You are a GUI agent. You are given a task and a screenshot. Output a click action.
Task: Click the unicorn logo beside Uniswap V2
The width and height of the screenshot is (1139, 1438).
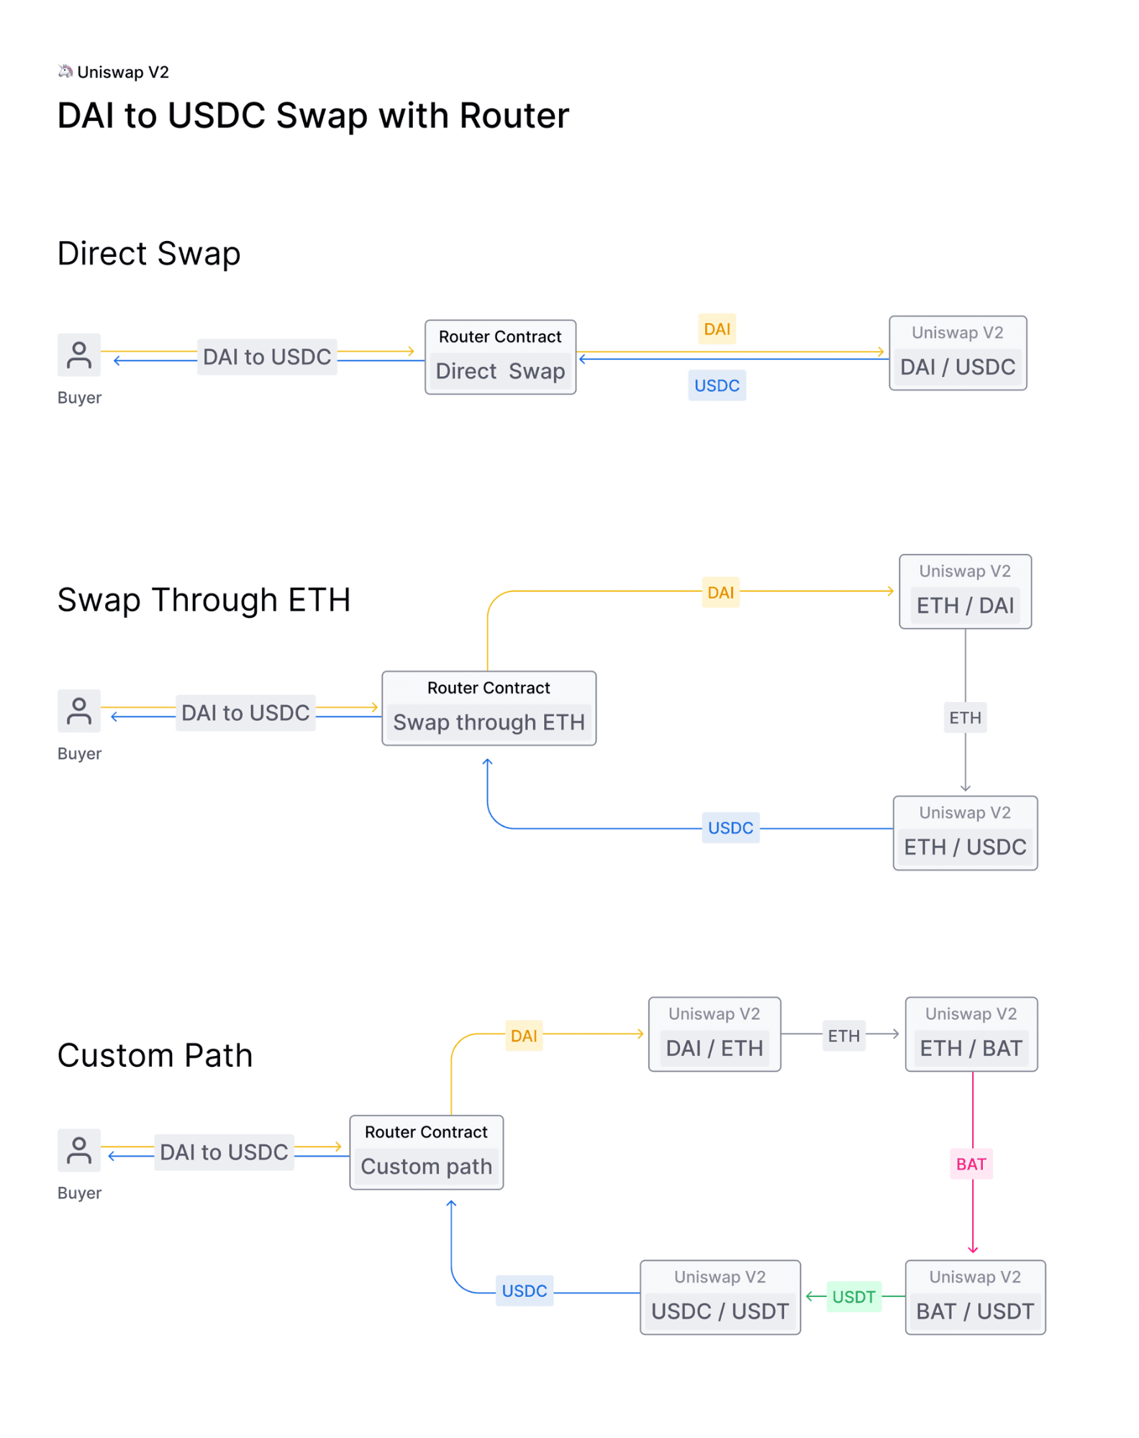coord(65,70)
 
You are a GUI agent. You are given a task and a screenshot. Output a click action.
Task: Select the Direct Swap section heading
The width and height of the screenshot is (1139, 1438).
coord(149,254)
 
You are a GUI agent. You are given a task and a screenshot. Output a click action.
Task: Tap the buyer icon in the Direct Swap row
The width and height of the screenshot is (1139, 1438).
coord(79,355)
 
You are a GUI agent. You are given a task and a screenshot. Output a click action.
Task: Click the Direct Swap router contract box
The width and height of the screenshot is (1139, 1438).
coord(500,358)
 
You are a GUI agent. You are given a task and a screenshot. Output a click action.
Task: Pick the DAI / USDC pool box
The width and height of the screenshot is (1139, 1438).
coord(957,354)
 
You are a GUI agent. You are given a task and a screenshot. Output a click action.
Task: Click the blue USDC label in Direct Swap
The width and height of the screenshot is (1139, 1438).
coord(717,386)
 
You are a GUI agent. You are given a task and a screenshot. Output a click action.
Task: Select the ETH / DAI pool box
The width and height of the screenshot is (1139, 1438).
coord(964,592)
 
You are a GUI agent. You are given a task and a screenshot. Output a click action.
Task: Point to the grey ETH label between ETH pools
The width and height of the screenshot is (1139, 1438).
coord(964,718)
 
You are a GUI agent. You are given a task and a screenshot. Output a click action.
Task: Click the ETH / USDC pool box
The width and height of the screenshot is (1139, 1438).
coord(964,834)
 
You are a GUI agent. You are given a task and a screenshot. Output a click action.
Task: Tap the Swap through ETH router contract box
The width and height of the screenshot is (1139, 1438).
coord(489,709)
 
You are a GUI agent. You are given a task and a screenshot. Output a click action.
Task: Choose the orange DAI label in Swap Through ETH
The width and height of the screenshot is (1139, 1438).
coord(720,593)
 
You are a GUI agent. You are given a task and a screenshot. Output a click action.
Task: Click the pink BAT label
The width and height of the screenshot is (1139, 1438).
coord(971,1164)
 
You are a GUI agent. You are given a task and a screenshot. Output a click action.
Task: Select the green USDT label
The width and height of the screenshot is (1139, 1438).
coord(853,1297)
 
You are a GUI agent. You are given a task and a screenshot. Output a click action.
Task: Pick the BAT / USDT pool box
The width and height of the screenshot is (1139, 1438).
coord(974,1298)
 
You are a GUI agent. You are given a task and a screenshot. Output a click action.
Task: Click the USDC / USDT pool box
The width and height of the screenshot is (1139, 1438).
coord(720,1298)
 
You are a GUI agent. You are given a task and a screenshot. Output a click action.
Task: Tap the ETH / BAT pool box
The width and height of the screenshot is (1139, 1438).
coord(971,1034)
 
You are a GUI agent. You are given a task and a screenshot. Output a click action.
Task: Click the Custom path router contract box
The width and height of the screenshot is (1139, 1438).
coord(426,1152)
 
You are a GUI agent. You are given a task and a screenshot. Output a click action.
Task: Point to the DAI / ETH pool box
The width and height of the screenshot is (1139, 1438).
coord(714,1034)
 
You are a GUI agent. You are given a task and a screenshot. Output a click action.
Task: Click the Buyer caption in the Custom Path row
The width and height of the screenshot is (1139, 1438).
coord(79,1193)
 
